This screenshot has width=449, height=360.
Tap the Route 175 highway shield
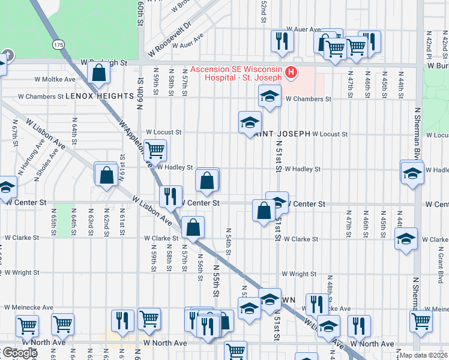point(58,45)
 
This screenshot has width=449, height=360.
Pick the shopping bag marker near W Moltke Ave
point(98,73)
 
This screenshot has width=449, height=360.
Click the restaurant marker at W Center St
point(170,196)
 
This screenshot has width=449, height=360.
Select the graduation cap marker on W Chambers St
point(270,96)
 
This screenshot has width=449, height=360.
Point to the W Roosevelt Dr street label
point(170,35)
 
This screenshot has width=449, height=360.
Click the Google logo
point(19,353)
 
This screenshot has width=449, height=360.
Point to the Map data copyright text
point(424,355)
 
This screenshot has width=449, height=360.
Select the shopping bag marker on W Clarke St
point(193,227)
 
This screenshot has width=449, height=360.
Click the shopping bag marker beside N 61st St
point(106,175)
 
